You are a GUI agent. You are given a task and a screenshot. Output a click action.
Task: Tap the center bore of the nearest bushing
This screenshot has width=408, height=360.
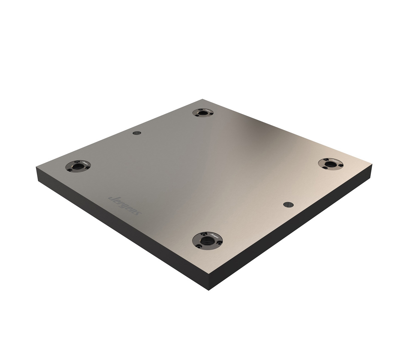pyautogui.click(x=208, y=241)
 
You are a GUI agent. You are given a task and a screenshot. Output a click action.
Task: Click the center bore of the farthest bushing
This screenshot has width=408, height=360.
pyautogui.click(x=203, y=113)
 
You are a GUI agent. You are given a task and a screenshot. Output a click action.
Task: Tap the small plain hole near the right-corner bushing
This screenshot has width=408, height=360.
pyautogui.click(x=288, y=204)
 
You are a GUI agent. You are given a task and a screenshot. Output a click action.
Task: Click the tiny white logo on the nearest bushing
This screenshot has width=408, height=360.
pyautogui.click(x=215, y=236)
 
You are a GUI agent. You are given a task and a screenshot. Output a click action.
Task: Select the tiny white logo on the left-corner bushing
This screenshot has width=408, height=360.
pyautogui.click(x=85, y=163)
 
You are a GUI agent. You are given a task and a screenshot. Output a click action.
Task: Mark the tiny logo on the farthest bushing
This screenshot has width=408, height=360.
pyautogui.click(x=208, y=110)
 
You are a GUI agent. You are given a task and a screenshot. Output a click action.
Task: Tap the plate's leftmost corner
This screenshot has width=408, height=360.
pyautogui.click(x=37, y=167)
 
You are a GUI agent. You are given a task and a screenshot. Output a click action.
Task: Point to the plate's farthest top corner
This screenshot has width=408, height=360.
pyautogui.click(x=203, y=99)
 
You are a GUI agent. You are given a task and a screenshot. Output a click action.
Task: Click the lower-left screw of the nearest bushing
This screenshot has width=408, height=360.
pyautogui.click(x=199, y=247)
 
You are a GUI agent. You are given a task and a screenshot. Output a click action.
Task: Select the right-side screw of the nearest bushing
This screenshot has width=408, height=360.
pyautogui.click(x=219, y=244)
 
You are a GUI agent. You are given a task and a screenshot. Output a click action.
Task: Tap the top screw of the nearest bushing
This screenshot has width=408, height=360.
pyautogui.click(x=204, y=235)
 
